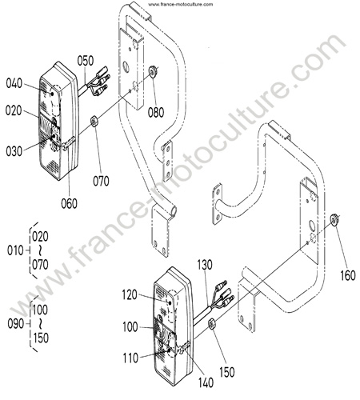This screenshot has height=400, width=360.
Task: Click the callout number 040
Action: point(14,83)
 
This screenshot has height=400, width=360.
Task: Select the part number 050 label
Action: point(86,61)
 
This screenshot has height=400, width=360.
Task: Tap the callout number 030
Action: point(14,151)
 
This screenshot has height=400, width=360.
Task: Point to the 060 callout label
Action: point(69,203)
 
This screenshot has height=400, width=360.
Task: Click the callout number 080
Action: point(156,112)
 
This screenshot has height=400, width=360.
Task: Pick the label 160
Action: point(348,275)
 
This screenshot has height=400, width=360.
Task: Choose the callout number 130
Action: point(205,265)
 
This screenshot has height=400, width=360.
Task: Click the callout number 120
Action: point(130,295)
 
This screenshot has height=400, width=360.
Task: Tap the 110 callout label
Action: point(130,358)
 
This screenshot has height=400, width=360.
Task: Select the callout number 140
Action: point(206,382)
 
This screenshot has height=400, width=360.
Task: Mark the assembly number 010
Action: point(15,250)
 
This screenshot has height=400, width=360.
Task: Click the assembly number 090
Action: point(16,324)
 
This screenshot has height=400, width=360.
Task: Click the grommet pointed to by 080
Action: point(153,71)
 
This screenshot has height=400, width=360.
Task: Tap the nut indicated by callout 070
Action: point(94,122)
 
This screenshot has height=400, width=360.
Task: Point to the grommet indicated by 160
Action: point(334,220)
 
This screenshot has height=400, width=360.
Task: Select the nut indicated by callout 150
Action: point(212,324)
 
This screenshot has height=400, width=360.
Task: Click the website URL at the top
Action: point(181,4)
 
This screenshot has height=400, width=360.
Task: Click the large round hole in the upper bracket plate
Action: point(126,67)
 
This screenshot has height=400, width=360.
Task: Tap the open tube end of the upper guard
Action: point(174,211)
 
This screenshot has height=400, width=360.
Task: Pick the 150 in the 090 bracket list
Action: point(41,338)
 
